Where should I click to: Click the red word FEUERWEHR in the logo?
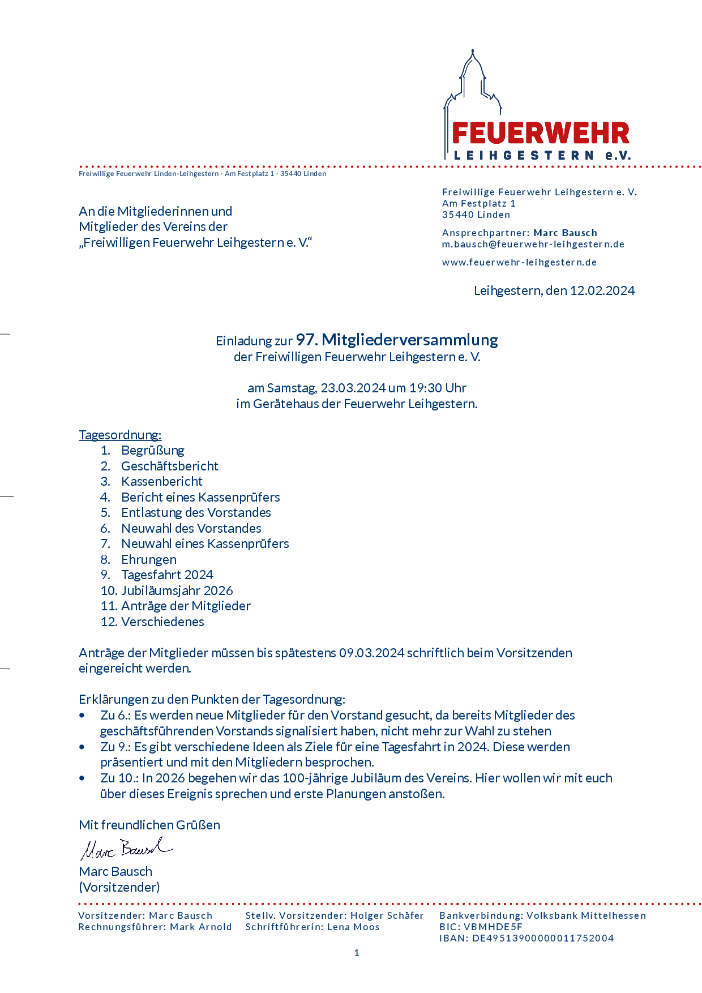click(x=541, y=134)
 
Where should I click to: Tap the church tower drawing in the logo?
click(x=473, y=85)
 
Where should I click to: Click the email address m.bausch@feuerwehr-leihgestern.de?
click(x=533, y=244)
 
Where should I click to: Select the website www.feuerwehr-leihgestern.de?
click(x=519, y=262)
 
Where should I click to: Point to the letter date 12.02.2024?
click(x=602, y=290)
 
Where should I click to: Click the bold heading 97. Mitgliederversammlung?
click(x=397, y=340)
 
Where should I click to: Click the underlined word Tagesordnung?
click(x=120, y=435)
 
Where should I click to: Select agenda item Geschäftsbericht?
click(x=169, y=466)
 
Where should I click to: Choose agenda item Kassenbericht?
click(x=161, y=481)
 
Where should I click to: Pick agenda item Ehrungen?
click(x=148, y=559)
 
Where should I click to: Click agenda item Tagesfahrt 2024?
click(x=167, y=575)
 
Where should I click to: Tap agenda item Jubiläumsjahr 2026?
click(x=177, y=590)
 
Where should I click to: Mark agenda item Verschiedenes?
click(x=162, y=622)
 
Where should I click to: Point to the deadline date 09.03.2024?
click(x=371, y=653)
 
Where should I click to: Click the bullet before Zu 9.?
click(x=83, y=747)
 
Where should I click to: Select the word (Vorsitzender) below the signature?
click(x=119, y=887)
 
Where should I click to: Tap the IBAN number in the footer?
click(x=543, y=938)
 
